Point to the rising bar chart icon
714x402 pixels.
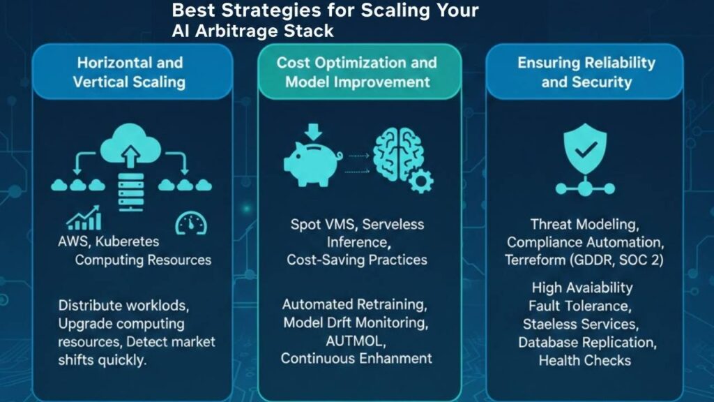click(84, 219)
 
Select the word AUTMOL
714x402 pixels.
click(356, 341)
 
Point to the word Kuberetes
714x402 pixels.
click(129, 242)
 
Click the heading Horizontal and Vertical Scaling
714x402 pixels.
click(130, 72)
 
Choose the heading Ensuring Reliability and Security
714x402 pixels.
click(586, 72)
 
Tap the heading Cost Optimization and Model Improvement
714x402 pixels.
click(356, 72)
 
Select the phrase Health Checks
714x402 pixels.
click(584, 361)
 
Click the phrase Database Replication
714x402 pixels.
click(586, 343)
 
